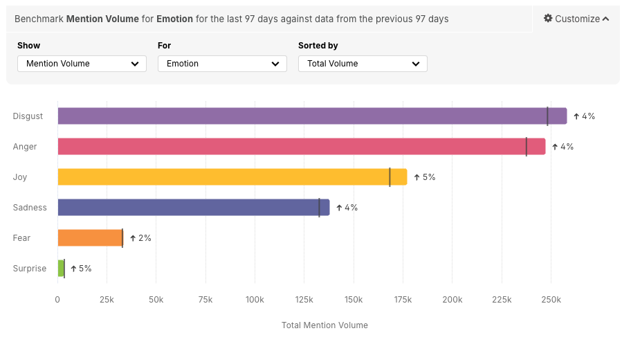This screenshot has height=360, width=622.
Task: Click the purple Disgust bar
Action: click(311, 116)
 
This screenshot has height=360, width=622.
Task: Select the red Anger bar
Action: click(301, 147)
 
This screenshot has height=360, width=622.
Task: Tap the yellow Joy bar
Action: click(232, 177)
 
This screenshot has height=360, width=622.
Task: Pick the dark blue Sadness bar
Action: click(193, 208)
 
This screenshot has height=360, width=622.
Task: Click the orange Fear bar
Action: click(90, 238)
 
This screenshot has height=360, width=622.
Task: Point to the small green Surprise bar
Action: click(61, 269)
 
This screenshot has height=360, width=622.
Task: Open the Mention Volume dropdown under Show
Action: click(82, 64)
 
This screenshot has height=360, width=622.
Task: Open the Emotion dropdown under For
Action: click(222, 64)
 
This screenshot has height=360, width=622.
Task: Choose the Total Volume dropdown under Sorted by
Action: click(363, 64)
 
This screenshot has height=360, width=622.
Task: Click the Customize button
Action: click(576, 19)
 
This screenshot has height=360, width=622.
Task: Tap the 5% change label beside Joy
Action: click(425, 177)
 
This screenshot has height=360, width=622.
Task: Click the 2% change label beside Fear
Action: click(140, 238)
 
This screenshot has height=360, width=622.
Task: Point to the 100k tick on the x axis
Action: click(255, 299)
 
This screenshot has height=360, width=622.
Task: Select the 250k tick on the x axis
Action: click(551, 299)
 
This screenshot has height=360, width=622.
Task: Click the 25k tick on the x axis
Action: click(107, 299)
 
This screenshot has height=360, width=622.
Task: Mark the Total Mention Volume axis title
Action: click(324, 325)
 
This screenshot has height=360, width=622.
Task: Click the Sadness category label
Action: click(30, 208)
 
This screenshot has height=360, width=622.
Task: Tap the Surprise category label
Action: click(30, 269)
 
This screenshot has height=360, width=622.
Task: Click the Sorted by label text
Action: click(318, 46)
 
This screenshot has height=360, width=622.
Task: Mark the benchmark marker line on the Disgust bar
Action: click(547, 116)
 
